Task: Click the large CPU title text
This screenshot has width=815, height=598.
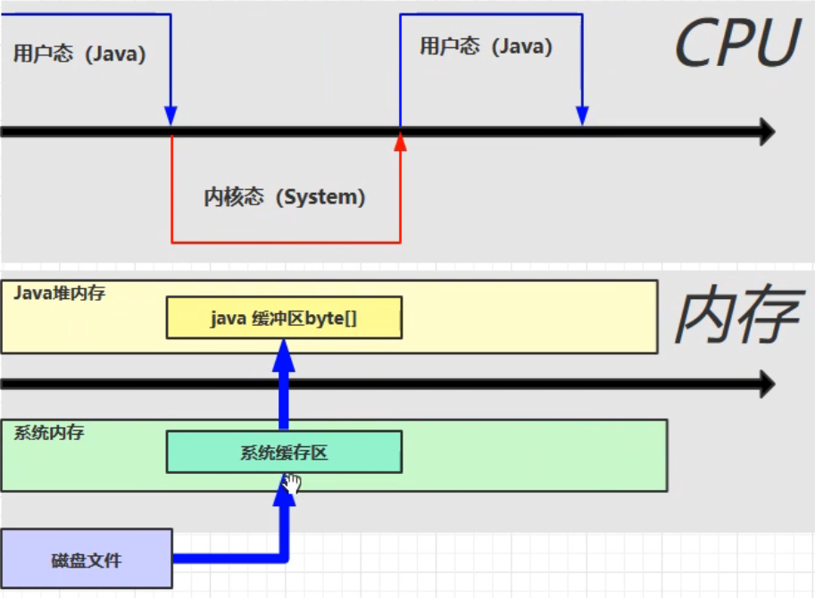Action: click(x=737, y=43)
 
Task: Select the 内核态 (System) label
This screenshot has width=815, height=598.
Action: click(x=285, y=197)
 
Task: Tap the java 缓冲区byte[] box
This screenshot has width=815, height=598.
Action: click(x=284, y=318)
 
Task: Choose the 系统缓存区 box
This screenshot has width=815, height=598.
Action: click(x=284, y=452)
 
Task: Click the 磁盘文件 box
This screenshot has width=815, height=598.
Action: click(x=87, y=559)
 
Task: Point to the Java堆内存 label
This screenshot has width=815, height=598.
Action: click(x=59, y=293)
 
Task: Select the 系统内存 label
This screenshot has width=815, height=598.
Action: click(x=49, y=432)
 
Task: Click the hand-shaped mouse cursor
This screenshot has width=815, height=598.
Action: click(x=292, y=483)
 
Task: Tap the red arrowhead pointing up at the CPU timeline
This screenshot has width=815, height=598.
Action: click(x=400, y=142)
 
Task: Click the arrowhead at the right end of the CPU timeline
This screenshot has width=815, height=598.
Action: click(x=767, y=131)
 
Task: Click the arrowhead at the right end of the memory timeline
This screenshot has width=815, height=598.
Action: click(x=767, y=384)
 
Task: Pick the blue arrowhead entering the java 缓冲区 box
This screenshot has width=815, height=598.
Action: click(x=284, y=355)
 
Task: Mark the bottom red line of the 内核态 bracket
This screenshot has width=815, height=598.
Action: click(x=286, y=242)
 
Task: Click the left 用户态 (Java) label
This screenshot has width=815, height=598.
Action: click(x=79, y=54)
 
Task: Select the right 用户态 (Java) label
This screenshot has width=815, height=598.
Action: click(x=486, y=46)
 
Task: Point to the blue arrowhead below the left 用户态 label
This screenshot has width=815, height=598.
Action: click(x=170, y=115)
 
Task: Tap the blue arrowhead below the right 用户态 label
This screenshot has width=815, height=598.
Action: click(x=582, y=115)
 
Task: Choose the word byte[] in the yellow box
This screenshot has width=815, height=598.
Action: click(x=330, y=318)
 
